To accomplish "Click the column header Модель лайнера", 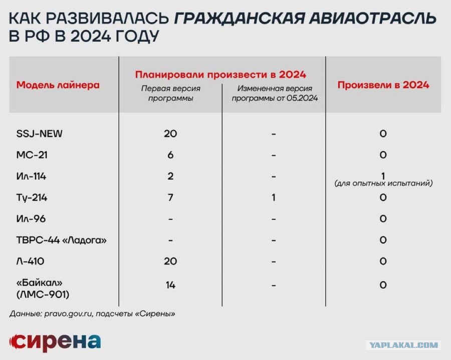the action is coord(58,85).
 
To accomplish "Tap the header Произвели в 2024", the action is coord(383,85).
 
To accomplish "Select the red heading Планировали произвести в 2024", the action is coord(220,75).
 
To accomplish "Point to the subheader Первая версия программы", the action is coord(170,93).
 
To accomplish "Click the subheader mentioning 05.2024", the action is coord(275,93).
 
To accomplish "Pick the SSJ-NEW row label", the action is coord(39,133).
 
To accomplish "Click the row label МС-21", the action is coord(32,155).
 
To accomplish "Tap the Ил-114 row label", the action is coord(31,176).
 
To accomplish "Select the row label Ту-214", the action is coord(32,198).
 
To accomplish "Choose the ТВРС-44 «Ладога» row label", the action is coord(61,240).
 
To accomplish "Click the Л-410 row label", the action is coord(30,261).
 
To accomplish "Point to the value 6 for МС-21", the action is coord(170,155).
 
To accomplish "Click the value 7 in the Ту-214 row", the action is coord(170,198).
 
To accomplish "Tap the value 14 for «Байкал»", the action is coord(170,285).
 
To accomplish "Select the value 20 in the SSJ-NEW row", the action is coord(170,133).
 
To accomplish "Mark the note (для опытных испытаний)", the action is coord(383,183).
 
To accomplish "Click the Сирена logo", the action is coord(55,342).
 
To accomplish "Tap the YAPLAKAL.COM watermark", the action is coord(403,345).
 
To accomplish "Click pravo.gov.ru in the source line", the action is coord(69,314).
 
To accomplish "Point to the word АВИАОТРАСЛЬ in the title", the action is coord(373,18).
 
